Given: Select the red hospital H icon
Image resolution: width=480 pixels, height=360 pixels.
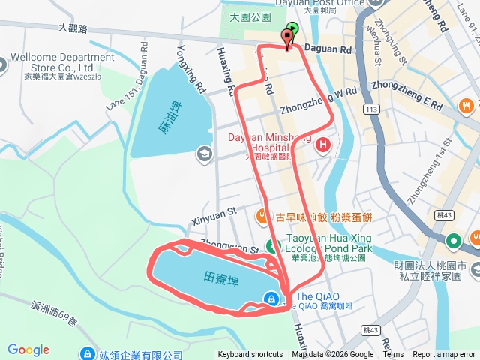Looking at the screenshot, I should point(323,144).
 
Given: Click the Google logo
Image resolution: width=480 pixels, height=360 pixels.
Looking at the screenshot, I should point(28,349).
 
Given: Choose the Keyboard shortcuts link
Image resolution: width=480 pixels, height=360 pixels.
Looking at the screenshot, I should point(250,355).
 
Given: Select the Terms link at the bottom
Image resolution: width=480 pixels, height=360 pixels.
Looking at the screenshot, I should point(394,355).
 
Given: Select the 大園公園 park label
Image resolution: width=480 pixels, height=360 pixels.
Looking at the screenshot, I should point(249,16).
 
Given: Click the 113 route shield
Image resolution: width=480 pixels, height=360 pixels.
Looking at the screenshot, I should point(369,109).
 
